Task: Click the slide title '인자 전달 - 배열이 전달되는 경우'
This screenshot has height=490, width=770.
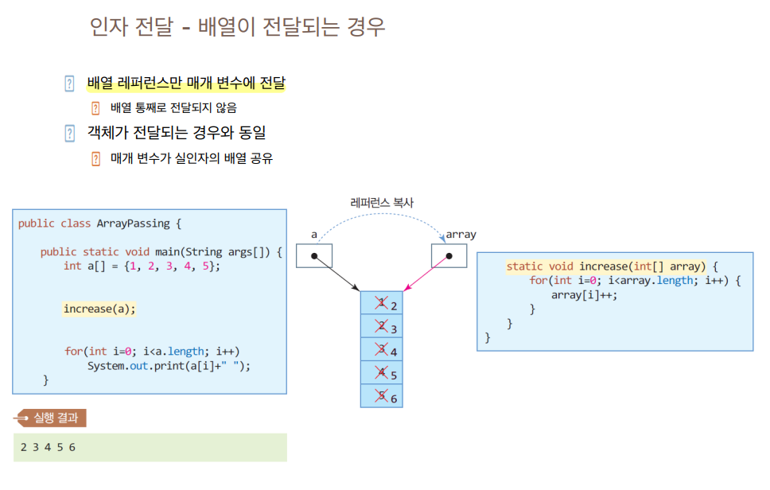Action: click(238, 27)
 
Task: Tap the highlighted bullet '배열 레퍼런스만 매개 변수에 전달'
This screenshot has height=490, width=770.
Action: click(185, 83)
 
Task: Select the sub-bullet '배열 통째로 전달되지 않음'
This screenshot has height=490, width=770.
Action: click(173, 107)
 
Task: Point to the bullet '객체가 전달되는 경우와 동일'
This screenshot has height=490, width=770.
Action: click(176, 133)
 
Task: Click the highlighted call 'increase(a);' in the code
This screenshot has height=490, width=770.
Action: click(99, 309)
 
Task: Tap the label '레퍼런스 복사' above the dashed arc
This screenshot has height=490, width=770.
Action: click(382, 203)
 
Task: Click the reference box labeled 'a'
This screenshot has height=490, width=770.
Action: click(314, 256)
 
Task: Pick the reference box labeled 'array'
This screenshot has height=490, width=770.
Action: click(449, 256)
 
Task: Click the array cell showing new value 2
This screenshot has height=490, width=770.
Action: click(382, 303)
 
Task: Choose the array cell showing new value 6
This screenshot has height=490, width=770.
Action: click(382, 396)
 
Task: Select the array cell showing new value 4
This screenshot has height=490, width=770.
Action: click(382, 350)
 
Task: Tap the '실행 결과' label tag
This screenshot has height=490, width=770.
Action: click(56, 418)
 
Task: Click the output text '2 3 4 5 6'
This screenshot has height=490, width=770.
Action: click(48, 447)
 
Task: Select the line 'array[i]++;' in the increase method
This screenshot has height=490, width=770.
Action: click(584, 294)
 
